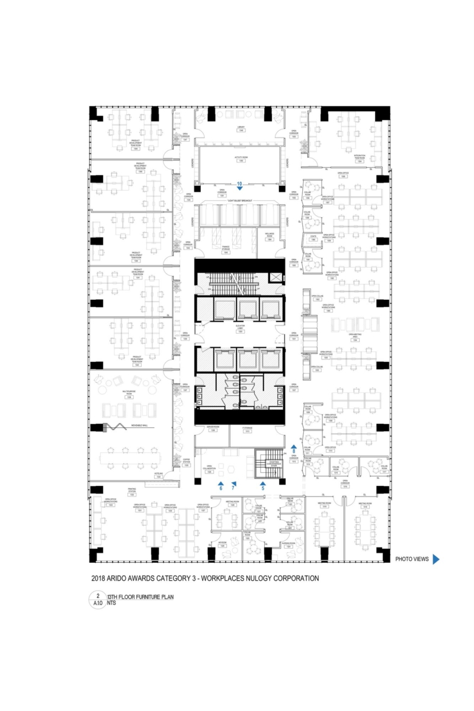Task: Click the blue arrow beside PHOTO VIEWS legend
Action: tap(436, 559)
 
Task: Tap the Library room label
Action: tap(241, 129)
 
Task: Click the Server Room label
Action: tap(213, 428)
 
